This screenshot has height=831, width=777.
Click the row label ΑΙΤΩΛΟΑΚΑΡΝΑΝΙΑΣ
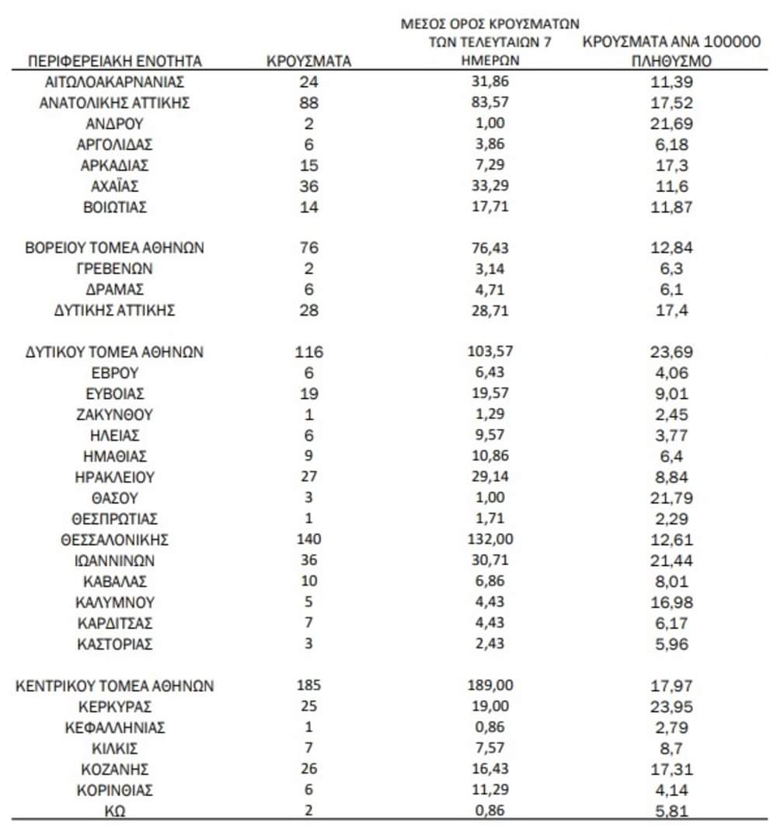tap(115, 82)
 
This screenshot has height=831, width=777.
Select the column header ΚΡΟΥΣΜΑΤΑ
tap(309, 61)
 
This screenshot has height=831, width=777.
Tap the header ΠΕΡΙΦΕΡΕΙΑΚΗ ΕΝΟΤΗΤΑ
tap(115, 61)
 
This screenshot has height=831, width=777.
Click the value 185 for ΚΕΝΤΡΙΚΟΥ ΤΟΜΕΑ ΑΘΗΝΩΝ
tap(309, 686)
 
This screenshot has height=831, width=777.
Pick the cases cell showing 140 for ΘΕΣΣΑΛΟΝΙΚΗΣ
tap(309, 539)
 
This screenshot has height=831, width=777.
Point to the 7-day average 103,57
tap(489, 352)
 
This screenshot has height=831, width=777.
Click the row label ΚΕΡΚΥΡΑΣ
tap(115, 707)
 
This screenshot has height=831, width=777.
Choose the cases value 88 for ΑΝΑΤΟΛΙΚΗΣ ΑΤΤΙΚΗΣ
tap(309, 103)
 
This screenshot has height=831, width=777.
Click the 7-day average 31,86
tap(489, 82)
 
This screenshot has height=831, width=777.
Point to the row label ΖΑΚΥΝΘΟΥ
tap(115, 414)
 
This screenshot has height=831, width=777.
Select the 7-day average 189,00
tap(489, 686)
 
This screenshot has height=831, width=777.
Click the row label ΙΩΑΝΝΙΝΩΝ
tap(115, 560)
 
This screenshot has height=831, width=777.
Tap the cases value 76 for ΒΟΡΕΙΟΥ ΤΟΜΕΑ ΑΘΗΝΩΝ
tap(309, 248)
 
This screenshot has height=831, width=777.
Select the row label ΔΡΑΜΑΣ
tap(115, 290)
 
